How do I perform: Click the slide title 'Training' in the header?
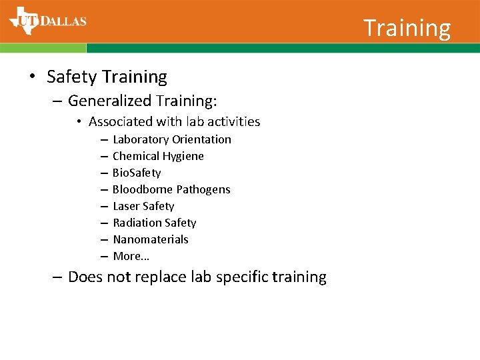tap(407, 28)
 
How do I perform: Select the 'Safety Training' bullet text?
tap(107, 77)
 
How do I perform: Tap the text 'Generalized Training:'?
tap(143, 101)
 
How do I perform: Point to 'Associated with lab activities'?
tap(174, 121)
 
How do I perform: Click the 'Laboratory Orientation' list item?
tap(171, 139)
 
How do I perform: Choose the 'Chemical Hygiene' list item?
tap(158, 156)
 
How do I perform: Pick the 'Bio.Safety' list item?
tap(137, 173)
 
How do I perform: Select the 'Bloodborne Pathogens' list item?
tap(171, 189)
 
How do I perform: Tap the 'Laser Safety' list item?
tap(143, 206)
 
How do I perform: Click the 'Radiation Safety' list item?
tap(154, 223)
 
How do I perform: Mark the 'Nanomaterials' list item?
tap(151, 239)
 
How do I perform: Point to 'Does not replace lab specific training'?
tap(197, 277)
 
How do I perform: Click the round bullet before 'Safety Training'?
tap(32, 77)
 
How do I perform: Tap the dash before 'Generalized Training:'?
tap(58, 101)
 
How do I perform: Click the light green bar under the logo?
tap(43, 48)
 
